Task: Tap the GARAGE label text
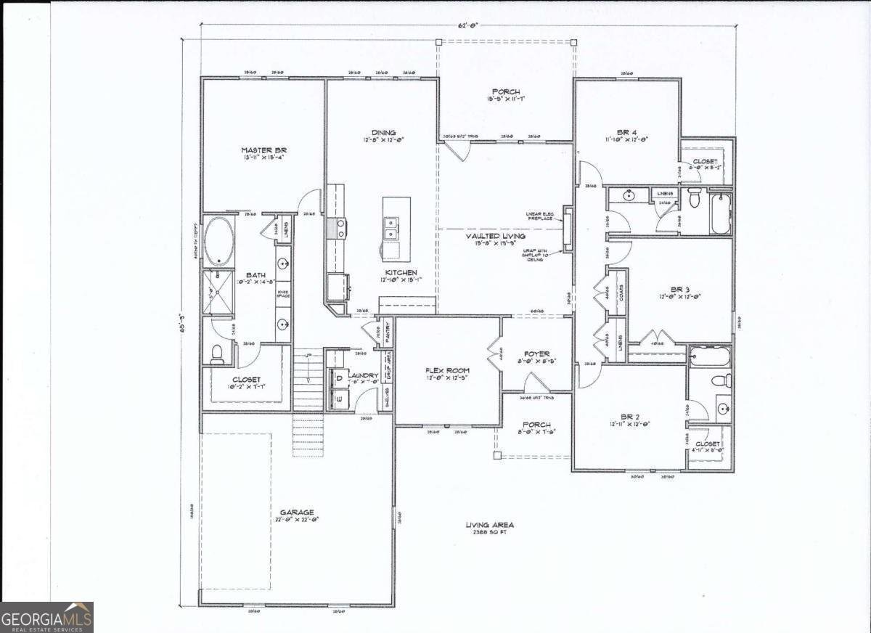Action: tap(297, 512)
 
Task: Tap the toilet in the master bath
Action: tap(217, 354)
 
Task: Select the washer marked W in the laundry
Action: tap(338, 396)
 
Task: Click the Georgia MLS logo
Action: tap(46, 618)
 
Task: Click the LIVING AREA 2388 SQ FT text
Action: tap(489, 528)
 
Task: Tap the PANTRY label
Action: tap(388, 332)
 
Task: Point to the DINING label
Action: tap(383, 133)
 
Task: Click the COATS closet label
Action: tap(621, 292)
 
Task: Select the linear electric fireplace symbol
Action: tap(568, 229)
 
